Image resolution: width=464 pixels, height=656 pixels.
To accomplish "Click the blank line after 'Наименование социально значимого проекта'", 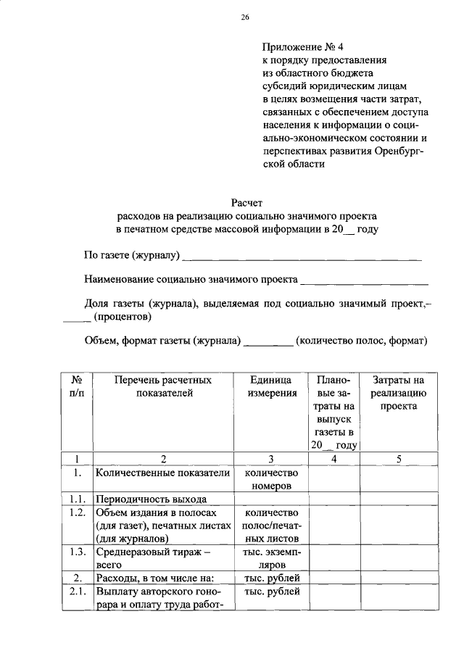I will [364, 281].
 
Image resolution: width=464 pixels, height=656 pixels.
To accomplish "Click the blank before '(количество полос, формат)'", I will [269, 340].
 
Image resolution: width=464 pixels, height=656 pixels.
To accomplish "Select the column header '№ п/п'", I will [76, 386].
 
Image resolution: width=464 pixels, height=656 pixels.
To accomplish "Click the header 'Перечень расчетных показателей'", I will [164, 386].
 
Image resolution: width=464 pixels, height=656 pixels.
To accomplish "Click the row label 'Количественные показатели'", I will [162, 473].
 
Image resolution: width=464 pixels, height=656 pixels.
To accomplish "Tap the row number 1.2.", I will [76, 512].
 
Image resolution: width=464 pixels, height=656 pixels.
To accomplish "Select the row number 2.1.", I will [76, 591].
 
